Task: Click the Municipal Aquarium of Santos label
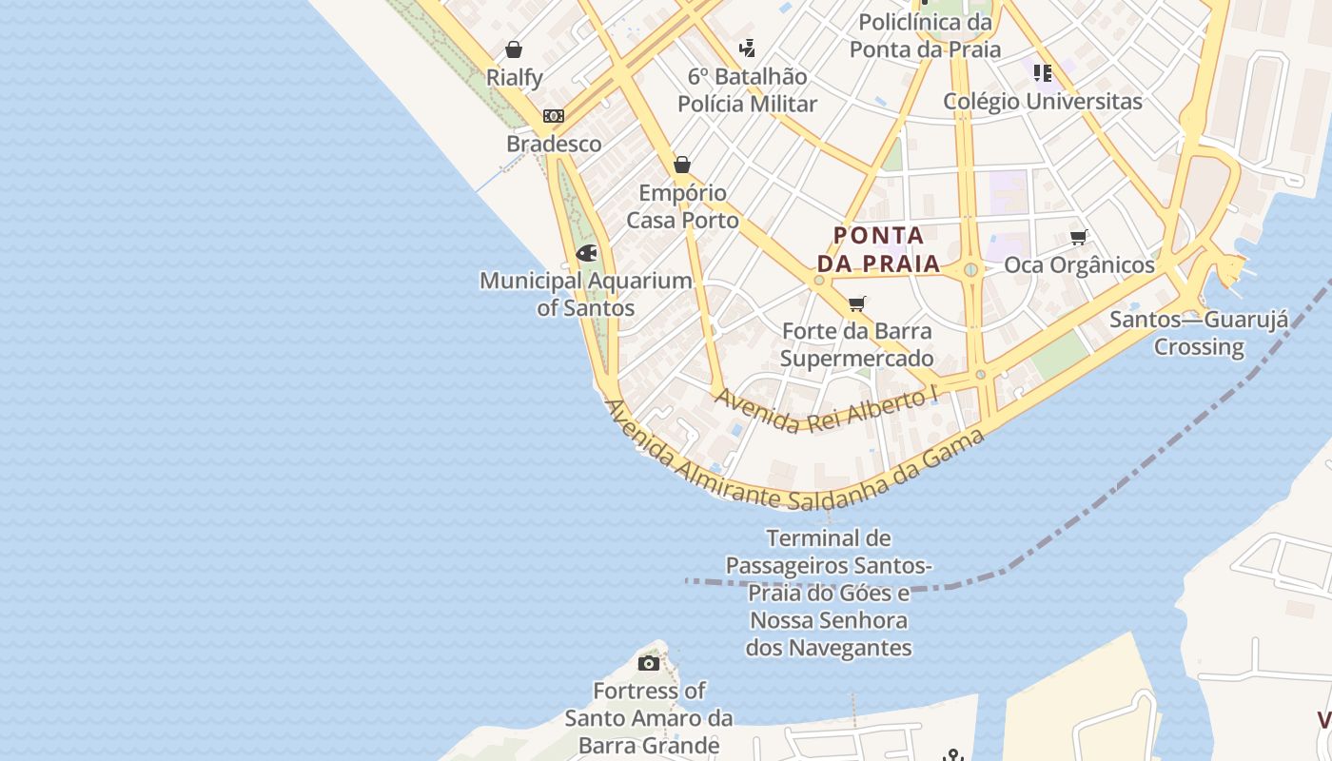[585, 294]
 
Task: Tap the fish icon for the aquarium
[586, 254]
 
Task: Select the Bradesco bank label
[554, 144]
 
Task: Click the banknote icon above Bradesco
[554, 116]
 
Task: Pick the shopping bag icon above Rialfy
[514, 49]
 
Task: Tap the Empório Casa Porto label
[682, 206]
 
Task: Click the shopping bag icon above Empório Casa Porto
[681, 165]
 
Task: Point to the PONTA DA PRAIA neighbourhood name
[878, 249]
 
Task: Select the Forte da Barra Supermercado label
[856, 344]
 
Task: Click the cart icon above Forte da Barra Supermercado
[856, 303]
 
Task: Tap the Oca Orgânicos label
[1079, 265]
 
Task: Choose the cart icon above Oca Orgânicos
[1078, 237]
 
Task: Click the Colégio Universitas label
[1043, 101]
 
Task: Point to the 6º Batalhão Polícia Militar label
[747, 90]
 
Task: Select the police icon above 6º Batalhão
[748, 48]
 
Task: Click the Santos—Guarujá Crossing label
[1199, 333]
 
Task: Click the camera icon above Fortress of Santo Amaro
[649, 663]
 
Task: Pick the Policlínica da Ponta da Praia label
[925, 35]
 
